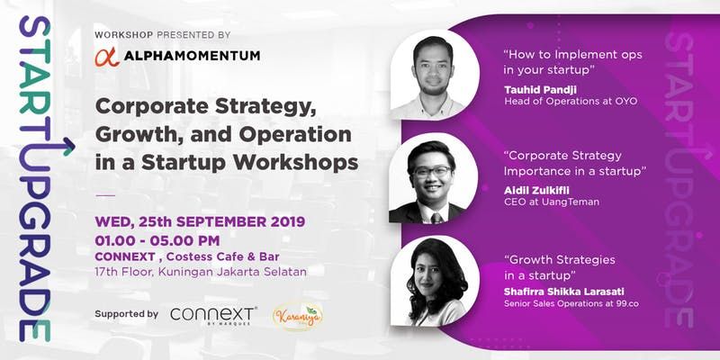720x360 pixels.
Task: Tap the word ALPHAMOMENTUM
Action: click(x=192, y=56)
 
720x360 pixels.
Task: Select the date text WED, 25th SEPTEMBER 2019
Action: click(x=200, y=221)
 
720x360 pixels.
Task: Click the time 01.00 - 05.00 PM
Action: click(x=157, y=240)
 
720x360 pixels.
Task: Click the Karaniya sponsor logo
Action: click(x=298, y=317)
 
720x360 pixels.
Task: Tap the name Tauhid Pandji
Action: click(x=540, y=89)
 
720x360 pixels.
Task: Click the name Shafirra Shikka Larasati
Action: click(x=564, y=292)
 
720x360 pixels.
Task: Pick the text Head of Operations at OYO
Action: click(x=571, y=101)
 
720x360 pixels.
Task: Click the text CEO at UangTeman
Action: click(x=552, y=202)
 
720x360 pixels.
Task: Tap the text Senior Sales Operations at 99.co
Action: click(x=571, y=303)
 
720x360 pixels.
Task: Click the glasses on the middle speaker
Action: click(x=432, y=172)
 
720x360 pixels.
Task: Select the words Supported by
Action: click(x=127, y=314)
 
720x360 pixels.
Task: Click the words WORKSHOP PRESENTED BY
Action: click(x=163, y=35)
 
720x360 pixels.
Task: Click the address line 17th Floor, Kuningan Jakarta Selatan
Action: click(x=201, y=272)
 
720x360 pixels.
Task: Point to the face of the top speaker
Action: click(x=433, y=67)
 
